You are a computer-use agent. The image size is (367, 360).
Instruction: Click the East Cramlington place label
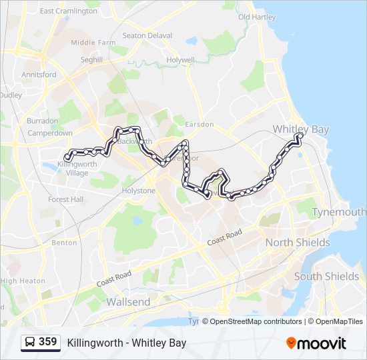[x=69, y=11]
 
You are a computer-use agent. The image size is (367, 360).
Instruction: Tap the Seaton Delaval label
[x=147, y=36]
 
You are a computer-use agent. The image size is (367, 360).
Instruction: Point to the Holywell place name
[x=181, y=60]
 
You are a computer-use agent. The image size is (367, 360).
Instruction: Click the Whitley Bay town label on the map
[x=301, y=129]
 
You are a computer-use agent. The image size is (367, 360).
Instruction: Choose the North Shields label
[x=298, y=243]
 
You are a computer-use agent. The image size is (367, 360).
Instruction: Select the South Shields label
[x=326, y=276]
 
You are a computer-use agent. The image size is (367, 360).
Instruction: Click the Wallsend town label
[x=129, y=302]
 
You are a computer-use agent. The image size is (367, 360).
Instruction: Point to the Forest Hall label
[x=66, y=199]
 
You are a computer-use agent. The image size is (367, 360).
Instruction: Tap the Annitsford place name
[x=39, y=75]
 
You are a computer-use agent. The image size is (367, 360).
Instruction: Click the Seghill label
[x=91, y=60]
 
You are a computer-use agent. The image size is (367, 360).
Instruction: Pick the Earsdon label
[x=200, y=125]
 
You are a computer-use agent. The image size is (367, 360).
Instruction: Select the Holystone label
[x=138, y=191]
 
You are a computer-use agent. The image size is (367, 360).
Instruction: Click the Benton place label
[x=65, y=243]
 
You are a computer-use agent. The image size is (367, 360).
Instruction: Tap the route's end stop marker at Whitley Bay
[x=300, y=137]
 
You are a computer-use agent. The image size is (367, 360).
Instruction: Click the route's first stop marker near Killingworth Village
[x=67, y=158]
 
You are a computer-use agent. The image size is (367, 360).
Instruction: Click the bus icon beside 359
[x=30, y=343]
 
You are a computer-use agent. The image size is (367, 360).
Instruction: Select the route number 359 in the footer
[x=48, y=342]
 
